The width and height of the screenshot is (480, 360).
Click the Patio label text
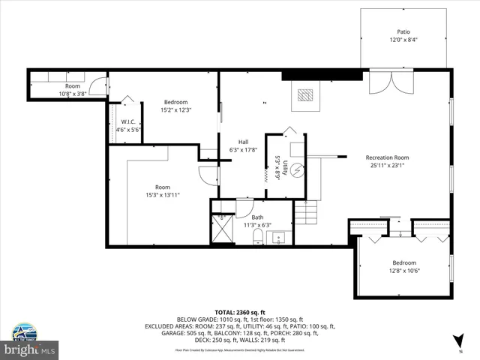403,32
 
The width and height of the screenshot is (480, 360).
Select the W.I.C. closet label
127,121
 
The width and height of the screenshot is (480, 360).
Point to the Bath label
257,217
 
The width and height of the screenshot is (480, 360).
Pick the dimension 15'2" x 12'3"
176,110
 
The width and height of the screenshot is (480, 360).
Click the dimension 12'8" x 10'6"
403,271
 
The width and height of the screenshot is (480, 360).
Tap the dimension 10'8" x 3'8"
72,94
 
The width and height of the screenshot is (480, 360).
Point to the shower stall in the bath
223,230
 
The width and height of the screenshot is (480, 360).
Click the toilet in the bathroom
257,238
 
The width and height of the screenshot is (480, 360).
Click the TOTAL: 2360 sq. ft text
240,312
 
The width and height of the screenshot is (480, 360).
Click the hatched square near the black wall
304,95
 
